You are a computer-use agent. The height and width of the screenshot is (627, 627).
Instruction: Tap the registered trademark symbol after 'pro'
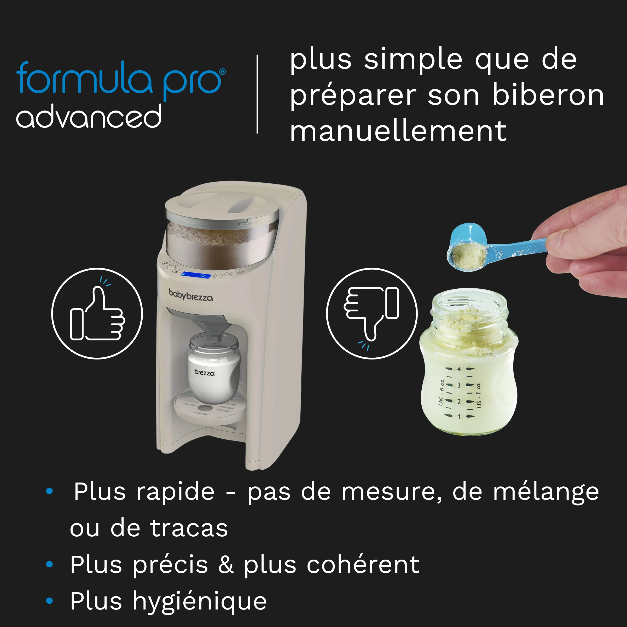[x=223, y=72]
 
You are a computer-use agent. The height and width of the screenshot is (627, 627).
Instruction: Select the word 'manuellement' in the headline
[x=398, y=131]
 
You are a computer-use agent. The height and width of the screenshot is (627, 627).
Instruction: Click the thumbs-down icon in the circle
[x=371, y=314]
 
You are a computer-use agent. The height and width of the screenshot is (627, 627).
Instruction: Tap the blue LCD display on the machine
[x=196, y=275]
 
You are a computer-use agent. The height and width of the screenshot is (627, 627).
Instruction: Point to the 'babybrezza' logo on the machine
[x=191, y=295]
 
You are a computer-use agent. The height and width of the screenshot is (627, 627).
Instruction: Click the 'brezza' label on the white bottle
[x=205, y=373]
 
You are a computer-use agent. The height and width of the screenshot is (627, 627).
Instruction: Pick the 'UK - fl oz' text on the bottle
[x=441, y=393]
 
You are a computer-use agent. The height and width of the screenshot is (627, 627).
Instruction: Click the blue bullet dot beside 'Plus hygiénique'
[x=49, y=601]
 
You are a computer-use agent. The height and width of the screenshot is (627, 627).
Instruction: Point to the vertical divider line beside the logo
[x=257, y=94]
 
